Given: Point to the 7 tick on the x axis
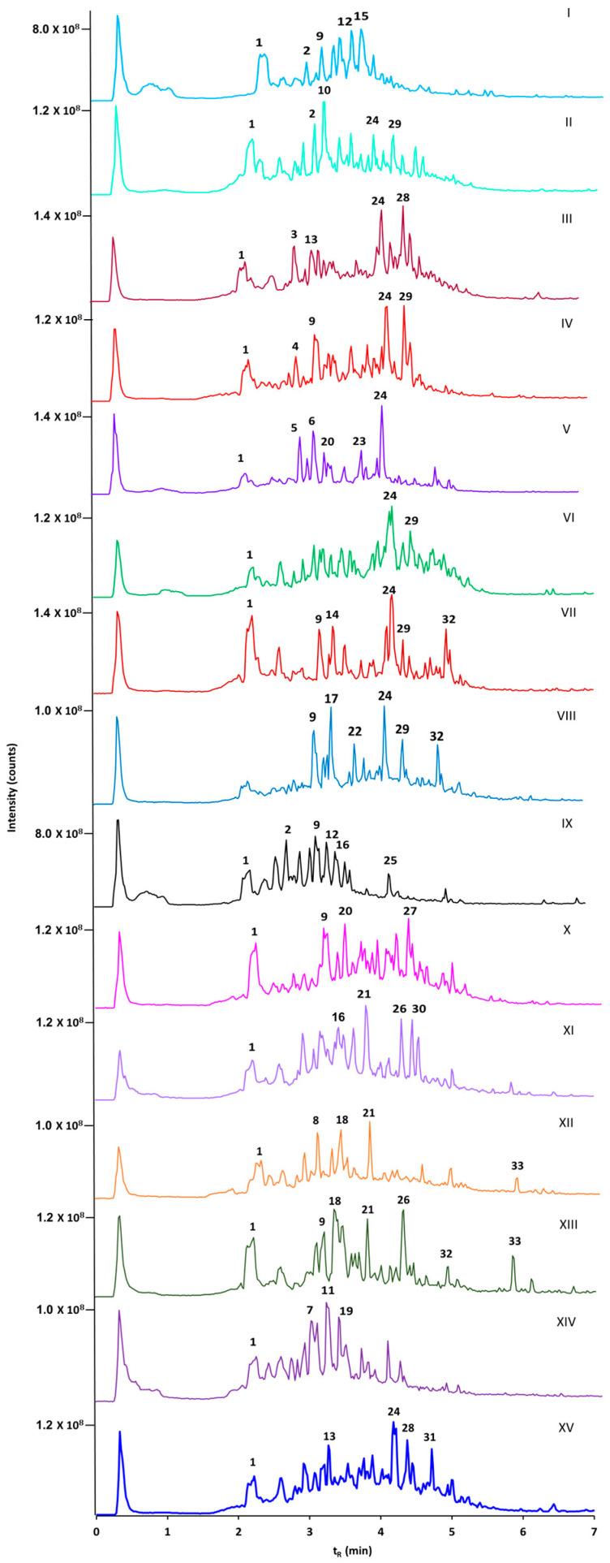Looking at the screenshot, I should click(594, 1536).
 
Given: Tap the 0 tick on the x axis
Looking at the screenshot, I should click(97, 1536).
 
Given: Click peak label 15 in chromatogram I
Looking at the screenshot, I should click(361, 16).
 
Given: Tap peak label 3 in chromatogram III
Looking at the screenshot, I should click(294, 235).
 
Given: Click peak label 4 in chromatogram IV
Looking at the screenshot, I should click(295, 346).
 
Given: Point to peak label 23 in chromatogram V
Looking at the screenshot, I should click(359, 441).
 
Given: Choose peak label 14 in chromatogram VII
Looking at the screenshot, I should click(332, 615).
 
